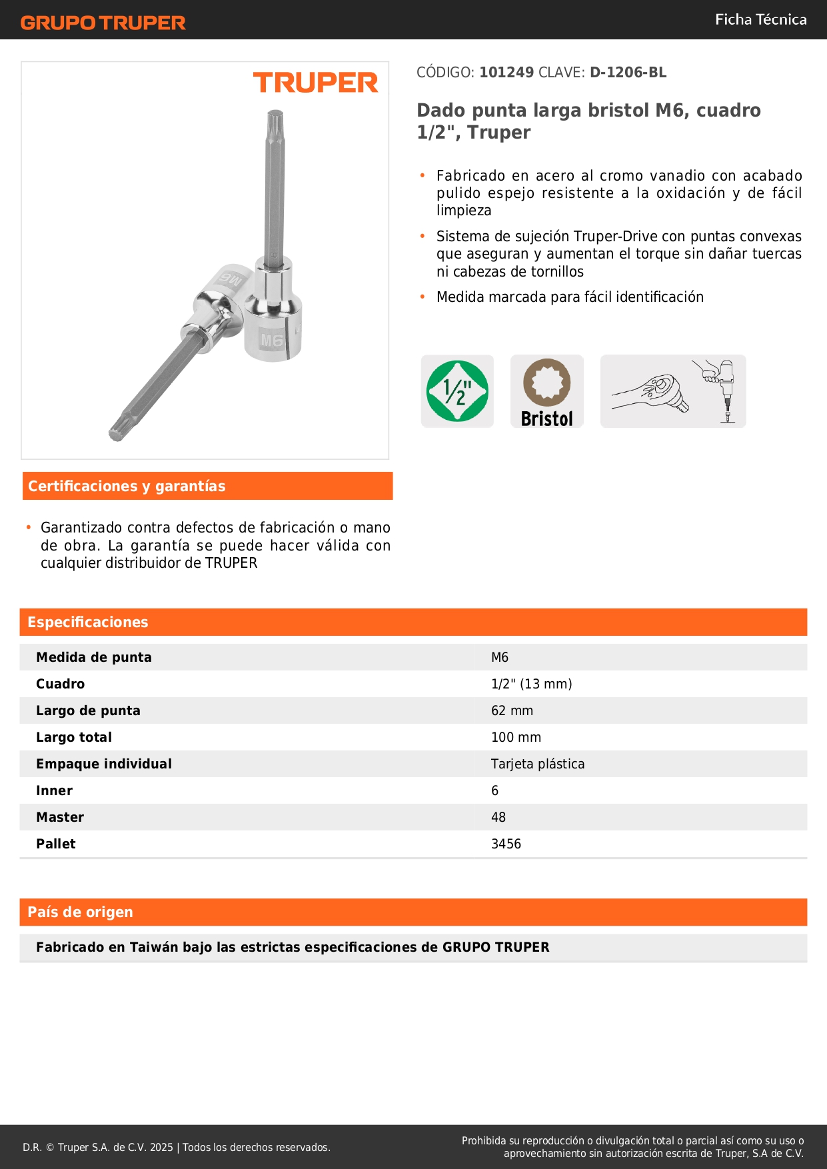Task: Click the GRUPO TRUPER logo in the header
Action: click(x=103, y=23)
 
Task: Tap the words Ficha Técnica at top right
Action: click(x=760, y=19)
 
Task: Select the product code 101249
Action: click(x=506, y=73)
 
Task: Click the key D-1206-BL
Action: click(x=628, y=73)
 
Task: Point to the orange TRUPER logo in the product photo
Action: click(x=315, y=83)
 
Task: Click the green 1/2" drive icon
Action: click(x=457, y=391)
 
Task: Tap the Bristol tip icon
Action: click(x=546, y=391)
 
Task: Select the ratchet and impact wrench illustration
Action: click(x=672, y=391)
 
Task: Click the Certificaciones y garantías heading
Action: click(x=127, y=487)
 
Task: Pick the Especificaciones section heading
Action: click(x=88, y=622)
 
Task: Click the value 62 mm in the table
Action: click(x=512, y=710)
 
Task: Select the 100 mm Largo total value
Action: click(x=516, y=737)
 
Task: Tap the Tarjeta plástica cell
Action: click(x=537, y=764)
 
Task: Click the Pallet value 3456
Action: click(x=506, y=844)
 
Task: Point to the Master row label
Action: click(x=60, y=817)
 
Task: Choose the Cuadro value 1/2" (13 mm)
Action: click(x=531, y=684)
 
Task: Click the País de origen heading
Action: click(x=80, y=912)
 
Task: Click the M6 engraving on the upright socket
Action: click(x=272, y=341)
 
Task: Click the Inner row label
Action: click(x=54, y=790)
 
